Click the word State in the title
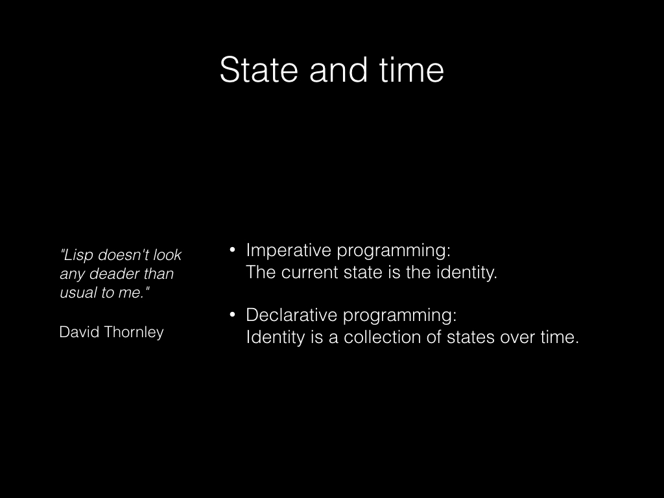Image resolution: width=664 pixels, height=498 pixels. (258, 69)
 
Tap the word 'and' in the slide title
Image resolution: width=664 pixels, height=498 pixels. (338, 69)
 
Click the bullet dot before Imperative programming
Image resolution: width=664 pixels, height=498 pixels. (232, 250)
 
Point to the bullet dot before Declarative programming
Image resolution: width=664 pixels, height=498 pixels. (232, 314)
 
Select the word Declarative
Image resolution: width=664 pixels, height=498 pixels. (291, 315)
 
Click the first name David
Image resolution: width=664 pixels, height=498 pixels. (79, 332)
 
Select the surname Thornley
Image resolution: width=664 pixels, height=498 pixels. (134, 333)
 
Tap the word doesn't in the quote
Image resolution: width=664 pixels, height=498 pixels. (123, 255)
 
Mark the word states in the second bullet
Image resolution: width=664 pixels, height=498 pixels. (471, 337)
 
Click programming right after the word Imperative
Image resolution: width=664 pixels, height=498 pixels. (394, 251)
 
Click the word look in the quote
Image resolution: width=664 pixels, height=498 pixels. (167, 255)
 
